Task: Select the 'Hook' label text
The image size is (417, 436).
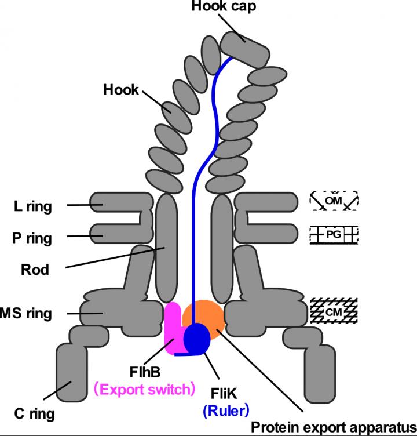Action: coord(121,90)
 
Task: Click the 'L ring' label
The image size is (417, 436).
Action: coord(32,206)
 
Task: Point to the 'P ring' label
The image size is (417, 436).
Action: coord(32,238)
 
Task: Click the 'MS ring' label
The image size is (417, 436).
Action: coord(26,314)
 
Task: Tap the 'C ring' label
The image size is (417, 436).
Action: coord(34,414)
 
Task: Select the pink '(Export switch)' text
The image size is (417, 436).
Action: coord(143,389)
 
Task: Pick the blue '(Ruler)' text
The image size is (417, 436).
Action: coord(225,411)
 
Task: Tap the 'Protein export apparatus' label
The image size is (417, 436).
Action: coord(333,428)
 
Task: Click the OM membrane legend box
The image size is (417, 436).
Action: coord(334,201)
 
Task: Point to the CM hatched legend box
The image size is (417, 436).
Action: coord(334,311)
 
